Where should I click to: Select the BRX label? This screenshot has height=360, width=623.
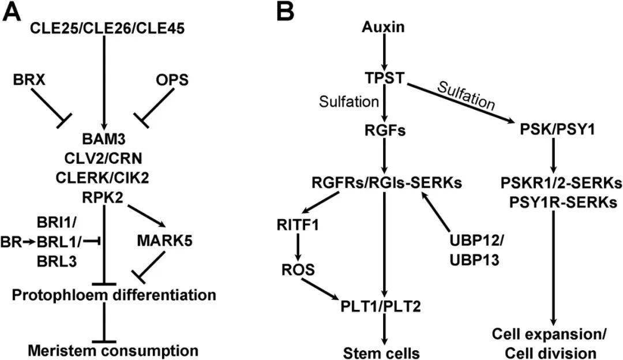[29, 81]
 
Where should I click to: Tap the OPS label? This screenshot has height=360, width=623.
[172, 81]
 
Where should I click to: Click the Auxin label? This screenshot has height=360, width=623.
[383, 27]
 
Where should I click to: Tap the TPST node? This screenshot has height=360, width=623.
[383, 79]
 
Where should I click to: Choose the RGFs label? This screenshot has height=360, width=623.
[383, 131]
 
